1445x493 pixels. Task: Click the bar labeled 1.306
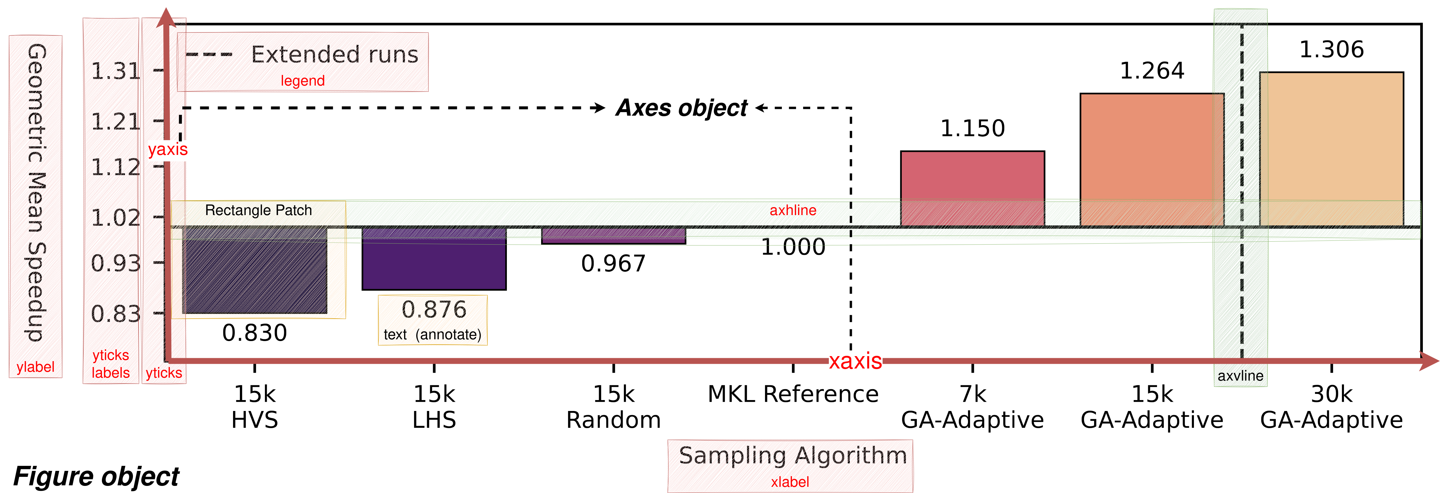(x=1332, y=149)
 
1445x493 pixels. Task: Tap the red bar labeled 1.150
(x=973, y=189)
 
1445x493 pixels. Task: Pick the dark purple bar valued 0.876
(x=434, y=258)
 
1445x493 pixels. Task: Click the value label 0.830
(x=255, y=333)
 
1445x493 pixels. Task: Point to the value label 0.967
(x=614, y=263)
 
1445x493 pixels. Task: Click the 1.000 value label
(x=793, y=247)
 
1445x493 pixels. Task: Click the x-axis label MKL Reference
(x=793, y=394)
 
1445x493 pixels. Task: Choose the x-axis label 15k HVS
(x=255, y=407)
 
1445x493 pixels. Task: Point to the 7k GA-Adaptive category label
(x=973, y=407)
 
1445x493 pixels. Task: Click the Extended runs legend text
(x=334, y=54)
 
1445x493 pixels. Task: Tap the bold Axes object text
(x=681, y=108)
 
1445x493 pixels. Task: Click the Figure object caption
(x=96, y=476)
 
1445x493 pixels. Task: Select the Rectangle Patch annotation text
(x=258, y=210)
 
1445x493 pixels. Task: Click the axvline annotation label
(x=1240, y=375)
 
